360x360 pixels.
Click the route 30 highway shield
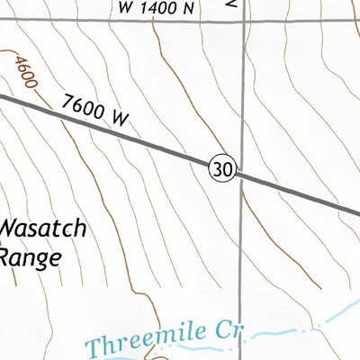(x=223, y=166)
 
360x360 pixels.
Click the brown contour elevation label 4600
(x=24, y=71)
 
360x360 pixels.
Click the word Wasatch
(x=43, y=229)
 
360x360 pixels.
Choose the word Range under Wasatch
(x=30, y=257)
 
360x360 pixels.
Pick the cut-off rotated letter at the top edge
(x=232, y=4)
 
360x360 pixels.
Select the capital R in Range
(x=5, y=257)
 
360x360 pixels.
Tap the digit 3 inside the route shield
(x=219, y=166)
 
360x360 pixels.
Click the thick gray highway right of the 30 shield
(x=297, y=192)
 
